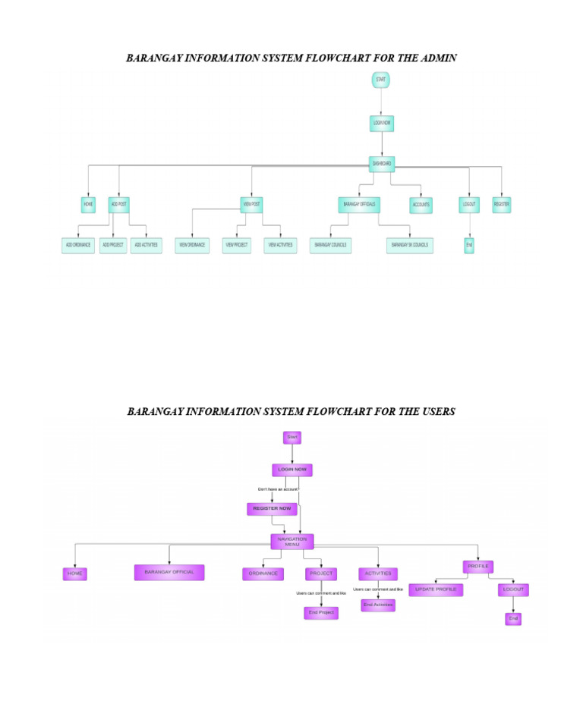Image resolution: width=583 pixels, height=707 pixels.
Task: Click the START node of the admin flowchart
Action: (381, 79)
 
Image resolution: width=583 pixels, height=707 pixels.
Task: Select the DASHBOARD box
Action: (381, 163)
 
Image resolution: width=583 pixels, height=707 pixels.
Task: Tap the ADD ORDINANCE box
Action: (77, 245)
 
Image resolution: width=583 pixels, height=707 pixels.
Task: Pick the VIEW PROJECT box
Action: (236, 245)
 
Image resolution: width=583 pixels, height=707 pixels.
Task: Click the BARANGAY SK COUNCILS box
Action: (409, 245)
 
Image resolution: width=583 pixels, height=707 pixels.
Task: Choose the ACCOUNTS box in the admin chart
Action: (421, 205)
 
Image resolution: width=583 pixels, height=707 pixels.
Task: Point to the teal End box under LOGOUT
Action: (469, 245)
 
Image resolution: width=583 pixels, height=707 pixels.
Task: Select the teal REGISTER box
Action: (501, 204)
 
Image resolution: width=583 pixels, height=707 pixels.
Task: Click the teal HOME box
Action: (89, 204)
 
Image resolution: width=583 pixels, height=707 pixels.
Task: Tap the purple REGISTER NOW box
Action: (272, 508)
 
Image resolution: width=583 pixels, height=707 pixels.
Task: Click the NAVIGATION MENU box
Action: (292, 541)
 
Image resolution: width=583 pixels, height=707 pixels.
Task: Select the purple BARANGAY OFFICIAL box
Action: (169, 572)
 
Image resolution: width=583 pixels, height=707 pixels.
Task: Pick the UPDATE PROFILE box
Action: (436, 589)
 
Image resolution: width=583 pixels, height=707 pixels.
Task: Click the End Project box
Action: (321, 612)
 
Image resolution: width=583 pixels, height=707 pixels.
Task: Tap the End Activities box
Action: (378, 605)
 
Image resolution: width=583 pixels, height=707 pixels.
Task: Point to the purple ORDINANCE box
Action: (263, 573)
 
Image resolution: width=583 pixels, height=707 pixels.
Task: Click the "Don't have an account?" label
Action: (279, 490)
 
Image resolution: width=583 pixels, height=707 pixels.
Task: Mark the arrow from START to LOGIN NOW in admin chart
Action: (381, 102)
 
